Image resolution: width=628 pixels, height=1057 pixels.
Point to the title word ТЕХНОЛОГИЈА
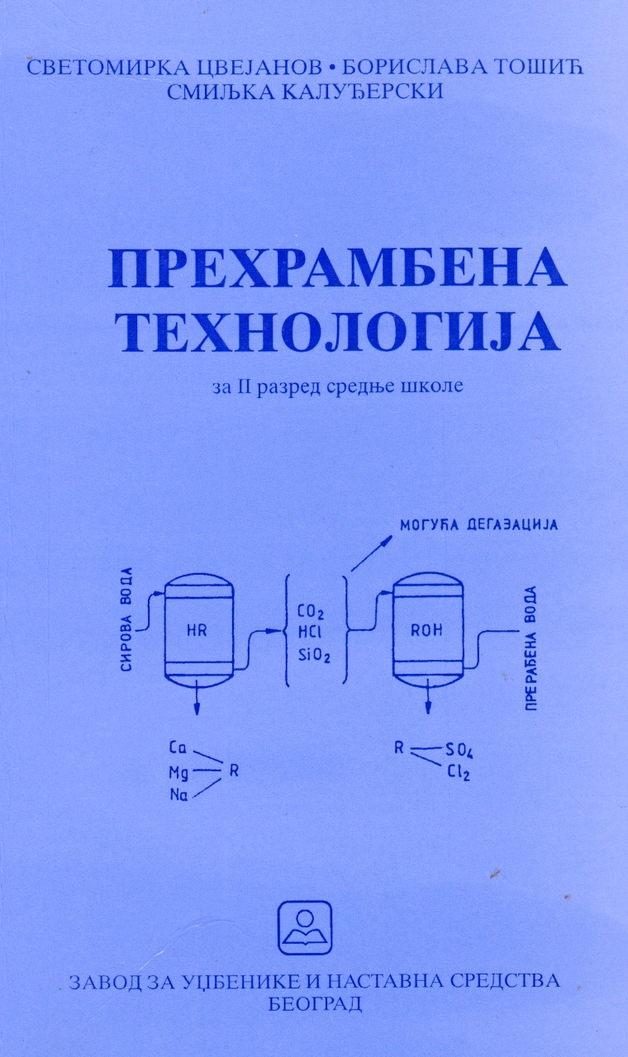(339, 332)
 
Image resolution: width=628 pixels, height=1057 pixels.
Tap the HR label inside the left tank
(197, 630)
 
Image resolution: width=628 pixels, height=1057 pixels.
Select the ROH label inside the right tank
(426, 630)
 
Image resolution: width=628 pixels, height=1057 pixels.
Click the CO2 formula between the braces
(311, 612)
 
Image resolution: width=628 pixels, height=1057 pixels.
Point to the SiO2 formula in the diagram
(314, 656)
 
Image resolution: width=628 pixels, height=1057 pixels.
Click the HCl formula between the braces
(309, 633)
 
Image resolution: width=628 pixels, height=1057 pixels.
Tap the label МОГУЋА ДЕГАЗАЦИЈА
(478, 525)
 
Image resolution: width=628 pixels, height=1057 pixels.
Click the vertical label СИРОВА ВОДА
(126, 619)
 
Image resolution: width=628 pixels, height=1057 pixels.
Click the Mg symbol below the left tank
(179, 774)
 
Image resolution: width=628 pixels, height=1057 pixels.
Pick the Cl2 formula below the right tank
(459, 774)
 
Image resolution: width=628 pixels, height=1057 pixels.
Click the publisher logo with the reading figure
(305, 927)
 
